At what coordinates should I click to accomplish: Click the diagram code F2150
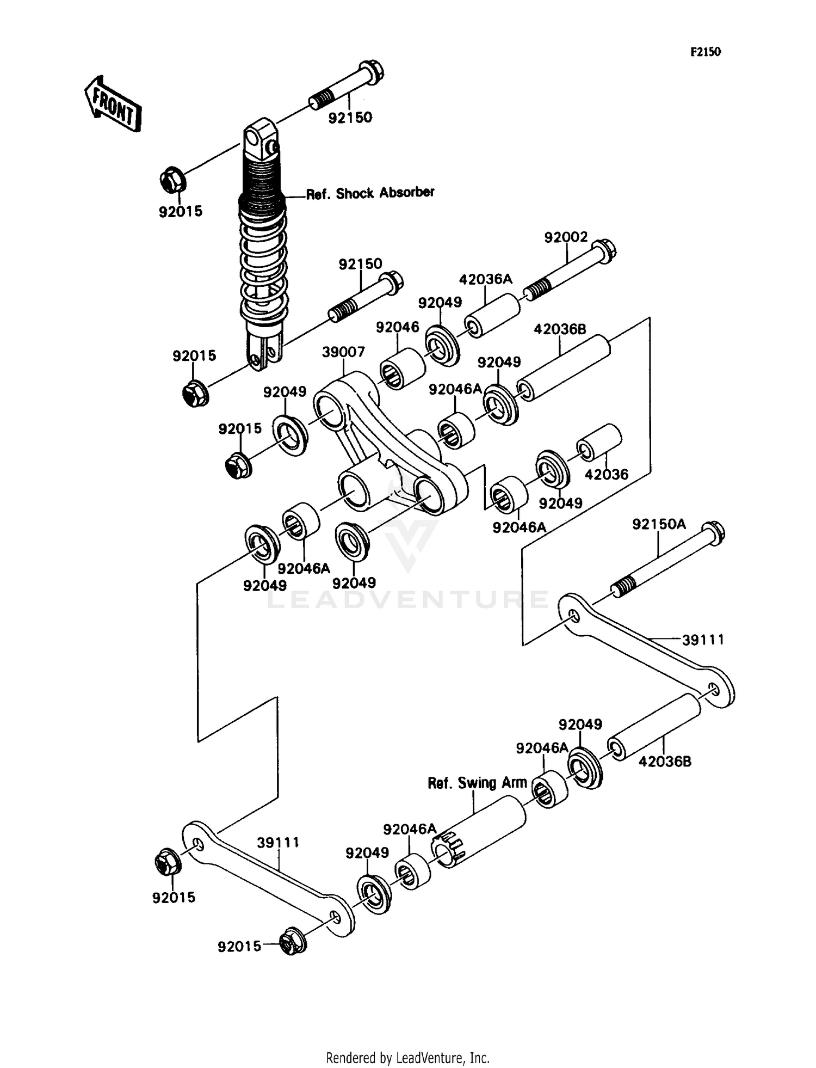click(x=706, y=52)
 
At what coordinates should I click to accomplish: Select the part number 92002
click(x=566, y=237)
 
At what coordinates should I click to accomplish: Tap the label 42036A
click(x=485, y=280)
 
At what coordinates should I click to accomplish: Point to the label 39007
click(x=343, y=352)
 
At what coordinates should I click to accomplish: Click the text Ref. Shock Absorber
click(x=370, y=193)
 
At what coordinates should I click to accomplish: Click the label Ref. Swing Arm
click(x=477, y=783)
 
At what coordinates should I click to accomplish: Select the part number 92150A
click(x=659, y=524)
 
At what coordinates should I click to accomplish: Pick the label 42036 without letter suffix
click(x=606, y=475)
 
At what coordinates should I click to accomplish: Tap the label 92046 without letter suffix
click(x=398, y=327)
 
